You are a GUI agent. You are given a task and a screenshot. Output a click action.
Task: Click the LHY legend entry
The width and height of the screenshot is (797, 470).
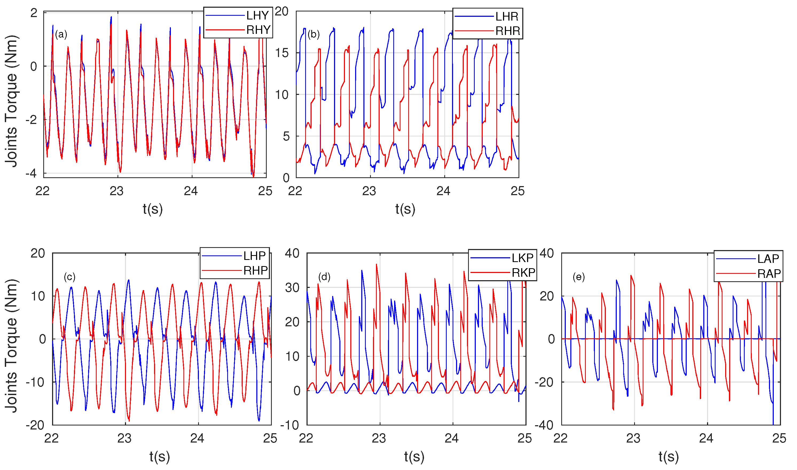(x=257, y=15)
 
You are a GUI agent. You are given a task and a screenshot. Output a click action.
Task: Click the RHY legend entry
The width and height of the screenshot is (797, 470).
(x=258, y=30)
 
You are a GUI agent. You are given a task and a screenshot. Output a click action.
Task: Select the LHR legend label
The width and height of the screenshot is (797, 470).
(x=507, y=16)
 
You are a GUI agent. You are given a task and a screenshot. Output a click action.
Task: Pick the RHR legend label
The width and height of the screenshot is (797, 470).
(x=508, y=31)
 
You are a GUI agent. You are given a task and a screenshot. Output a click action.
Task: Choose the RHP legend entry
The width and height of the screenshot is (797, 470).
(x=255, y=271)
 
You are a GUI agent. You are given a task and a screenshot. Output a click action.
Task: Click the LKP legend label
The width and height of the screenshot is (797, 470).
(x=522, y=258)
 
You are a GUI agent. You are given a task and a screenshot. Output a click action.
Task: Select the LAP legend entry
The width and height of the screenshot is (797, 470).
(x=768, y=259)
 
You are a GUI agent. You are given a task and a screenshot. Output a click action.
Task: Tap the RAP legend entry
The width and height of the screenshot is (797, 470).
(x=769, y=273)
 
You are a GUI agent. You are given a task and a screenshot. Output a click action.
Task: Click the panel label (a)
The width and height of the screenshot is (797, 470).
(x=61, y=34)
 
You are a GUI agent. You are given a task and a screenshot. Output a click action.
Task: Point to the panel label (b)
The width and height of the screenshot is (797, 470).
(x=313, y=34)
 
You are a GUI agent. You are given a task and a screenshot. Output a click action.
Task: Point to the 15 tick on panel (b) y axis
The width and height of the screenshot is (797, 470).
(x=282, y=53)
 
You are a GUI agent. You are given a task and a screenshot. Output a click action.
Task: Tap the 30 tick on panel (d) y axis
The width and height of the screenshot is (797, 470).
(x=292, y=288)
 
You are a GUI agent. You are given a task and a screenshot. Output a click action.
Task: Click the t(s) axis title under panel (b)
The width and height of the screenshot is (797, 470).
(x=405, y=209)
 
